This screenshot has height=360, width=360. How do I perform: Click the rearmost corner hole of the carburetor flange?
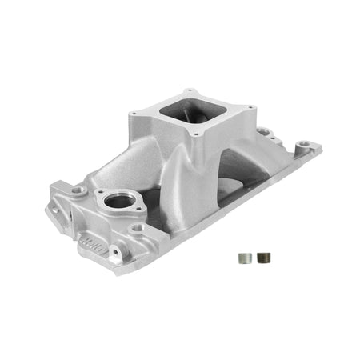pos(191,90)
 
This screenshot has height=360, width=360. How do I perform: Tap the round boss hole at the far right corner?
pos(305,146)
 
